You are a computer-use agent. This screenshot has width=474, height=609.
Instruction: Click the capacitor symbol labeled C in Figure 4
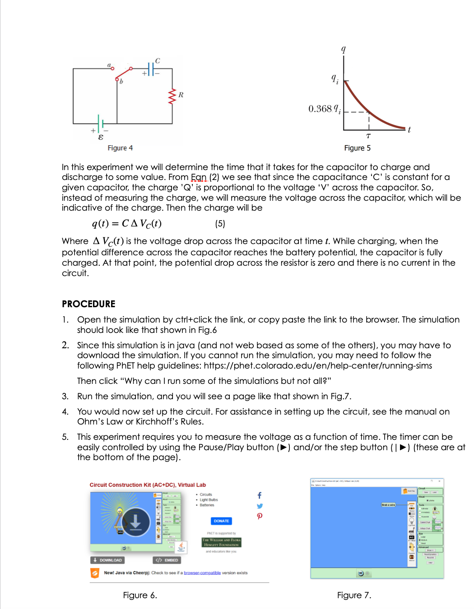click(152, 69)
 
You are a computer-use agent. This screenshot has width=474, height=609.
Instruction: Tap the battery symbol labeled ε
click(101, 123)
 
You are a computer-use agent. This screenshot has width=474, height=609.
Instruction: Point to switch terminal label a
click(109, 65)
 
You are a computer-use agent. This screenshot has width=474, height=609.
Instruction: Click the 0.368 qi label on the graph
click(324, 109)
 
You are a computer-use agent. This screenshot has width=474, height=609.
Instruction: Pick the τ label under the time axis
click(368, 136)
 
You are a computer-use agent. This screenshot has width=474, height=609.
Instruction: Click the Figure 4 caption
click(120, 148)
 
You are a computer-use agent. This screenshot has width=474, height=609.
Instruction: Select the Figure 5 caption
click(357, 148)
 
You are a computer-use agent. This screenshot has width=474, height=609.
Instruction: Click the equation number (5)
click(220, 224)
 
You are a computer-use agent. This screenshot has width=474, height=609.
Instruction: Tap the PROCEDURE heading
click(88, 304)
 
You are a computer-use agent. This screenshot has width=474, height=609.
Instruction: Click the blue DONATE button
click(221, 521)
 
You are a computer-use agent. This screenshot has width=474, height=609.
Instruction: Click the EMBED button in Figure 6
click(167, 560)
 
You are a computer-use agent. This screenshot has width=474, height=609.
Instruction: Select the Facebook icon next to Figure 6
click(260, 495)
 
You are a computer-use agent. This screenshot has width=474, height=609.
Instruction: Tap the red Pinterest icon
click(260, 516)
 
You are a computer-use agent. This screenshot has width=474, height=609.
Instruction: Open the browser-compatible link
click(202, 573)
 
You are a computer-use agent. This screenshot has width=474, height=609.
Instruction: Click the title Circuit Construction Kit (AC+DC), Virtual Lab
click(148, 485)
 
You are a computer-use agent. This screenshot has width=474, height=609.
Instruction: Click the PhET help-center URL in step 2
click(318, 366)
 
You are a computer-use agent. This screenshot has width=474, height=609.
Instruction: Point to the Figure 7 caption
click(354, 595)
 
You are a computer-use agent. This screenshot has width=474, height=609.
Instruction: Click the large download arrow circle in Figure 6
click(135, 522)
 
